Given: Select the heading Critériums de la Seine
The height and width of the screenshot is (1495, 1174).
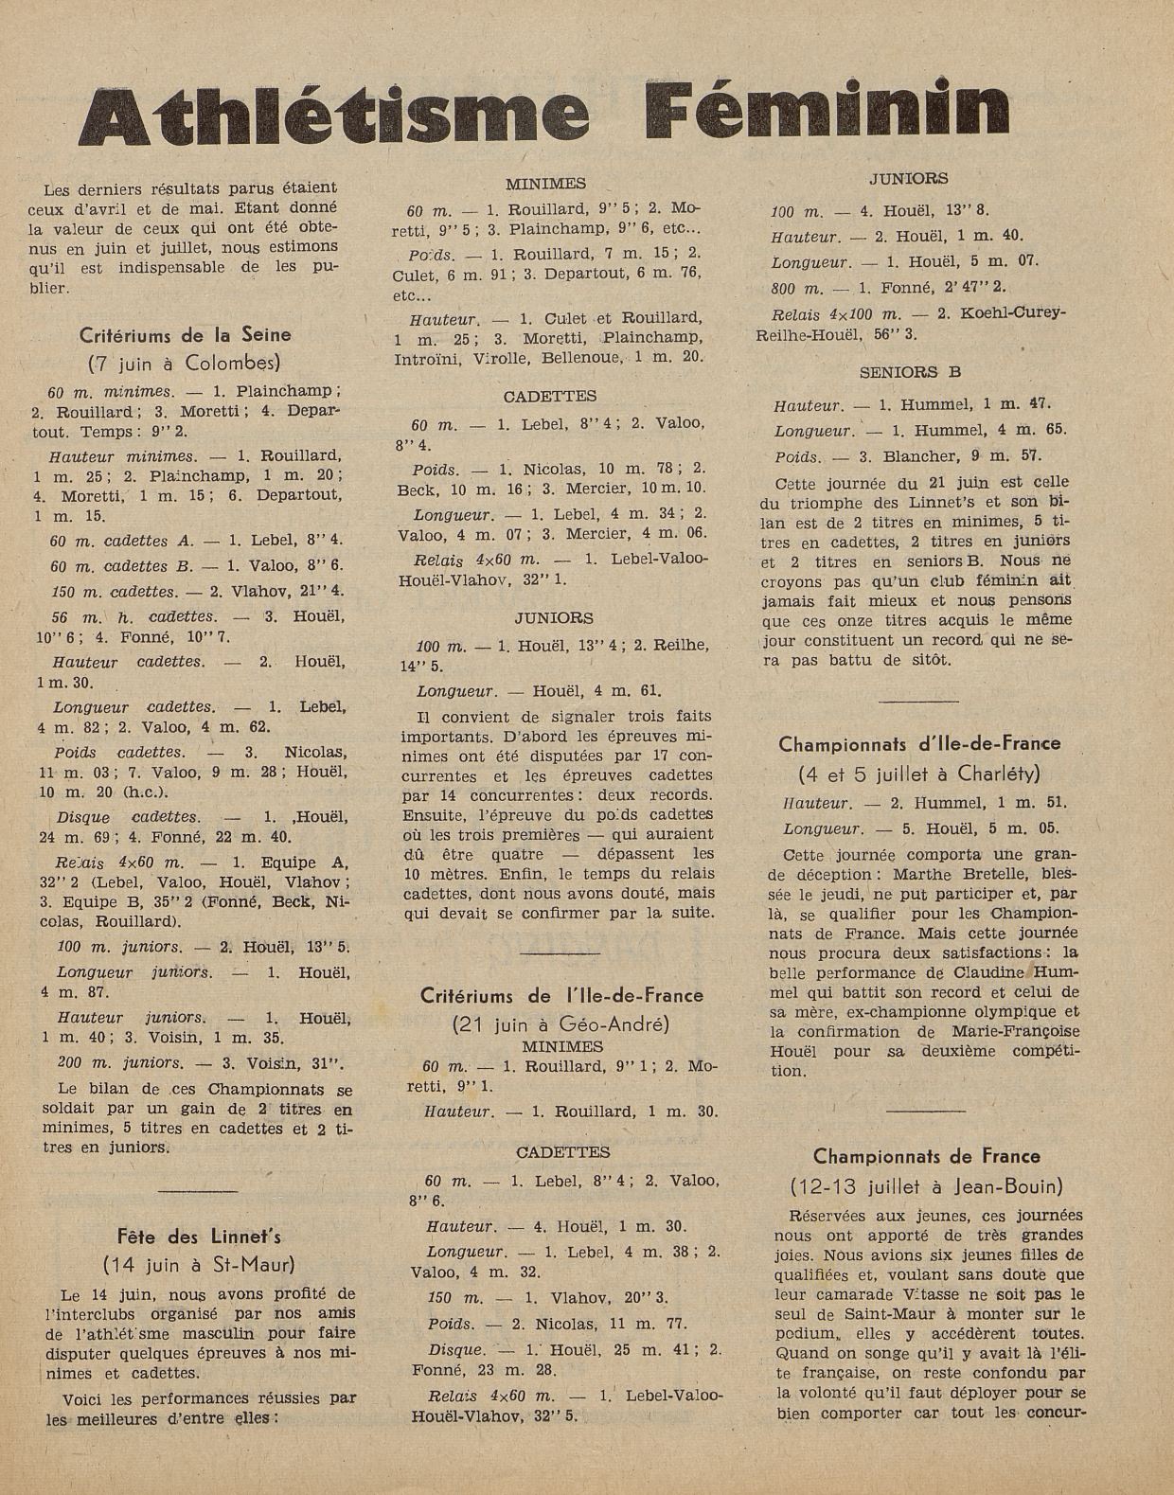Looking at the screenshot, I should pyautogui.click(x=185, y=334).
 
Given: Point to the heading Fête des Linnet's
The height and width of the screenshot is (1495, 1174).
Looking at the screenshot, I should pyautogui.click(x=199, y=1237).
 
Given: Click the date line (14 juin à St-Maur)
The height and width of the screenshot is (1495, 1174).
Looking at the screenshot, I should pyautogui.click(x=199, y=1264).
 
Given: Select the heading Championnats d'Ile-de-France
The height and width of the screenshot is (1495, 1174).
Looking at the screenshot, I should pyautogui.click(x=919, y=744).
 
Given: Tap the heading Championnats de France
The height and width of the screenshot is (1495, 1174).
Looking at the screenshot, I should pyautogui.click(x=926, y=1156).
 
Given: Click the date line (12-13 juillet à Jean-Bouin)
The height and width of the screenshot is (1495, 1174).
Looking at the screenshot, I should pyautogui.click(x=926, y=1185).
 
